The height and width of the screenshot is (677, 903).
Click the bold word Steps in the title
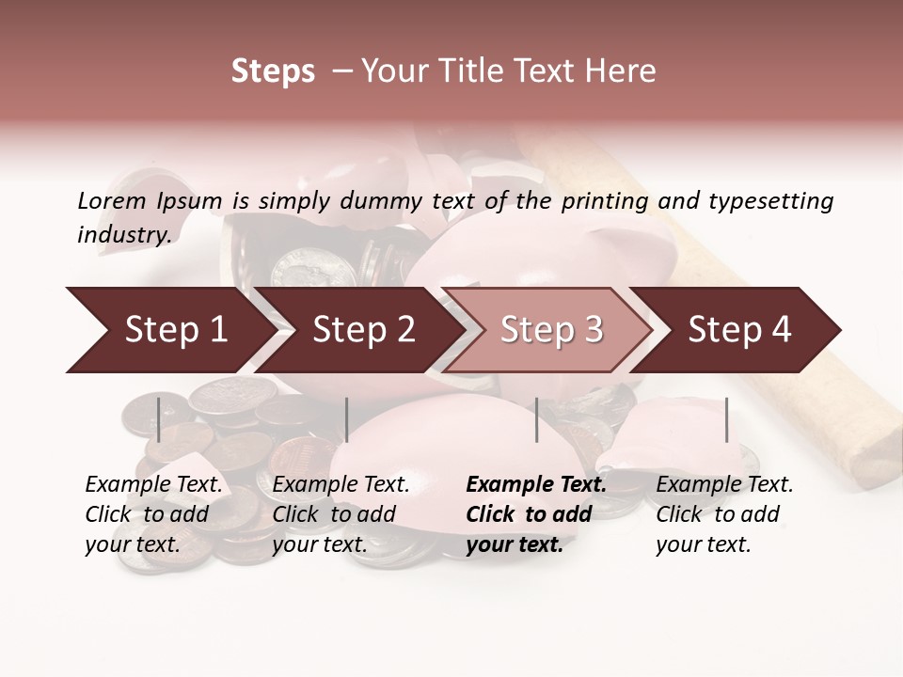point(273,71)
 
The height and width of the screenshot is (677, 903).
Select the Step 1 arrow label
point(176,330)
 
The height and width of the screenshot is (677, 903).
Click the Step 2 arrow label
point(364,330)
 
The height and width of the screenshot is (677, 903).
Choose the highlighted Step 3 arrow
point(551,330)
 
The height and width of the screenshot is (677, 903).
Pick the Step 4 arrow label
point(739,330)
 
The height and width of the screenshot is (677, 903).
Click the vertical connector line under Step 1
point(159,419)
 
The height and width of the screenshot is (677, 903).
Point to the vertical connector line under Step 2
point(347,419)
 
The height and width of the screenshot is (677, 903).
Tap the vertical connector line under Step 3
point(537,419)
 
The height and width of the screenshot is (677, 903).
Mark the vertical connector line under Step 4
point(726,419)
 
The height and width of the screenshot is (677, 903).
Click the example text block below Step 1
point(153,514)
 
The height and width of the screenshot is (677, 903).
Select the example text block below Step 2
point(341,514)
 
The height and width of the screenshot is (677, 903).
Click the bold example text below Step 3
point(536,514)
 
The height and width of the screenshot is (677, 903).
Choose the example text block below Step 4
point(724,514)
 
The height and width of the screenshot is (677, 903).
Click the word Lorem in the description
point(111,201)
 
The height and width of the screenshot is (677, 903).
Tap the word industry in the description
point(123,235)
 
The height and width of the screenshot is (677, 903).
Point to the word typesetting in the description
point(771,201)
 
